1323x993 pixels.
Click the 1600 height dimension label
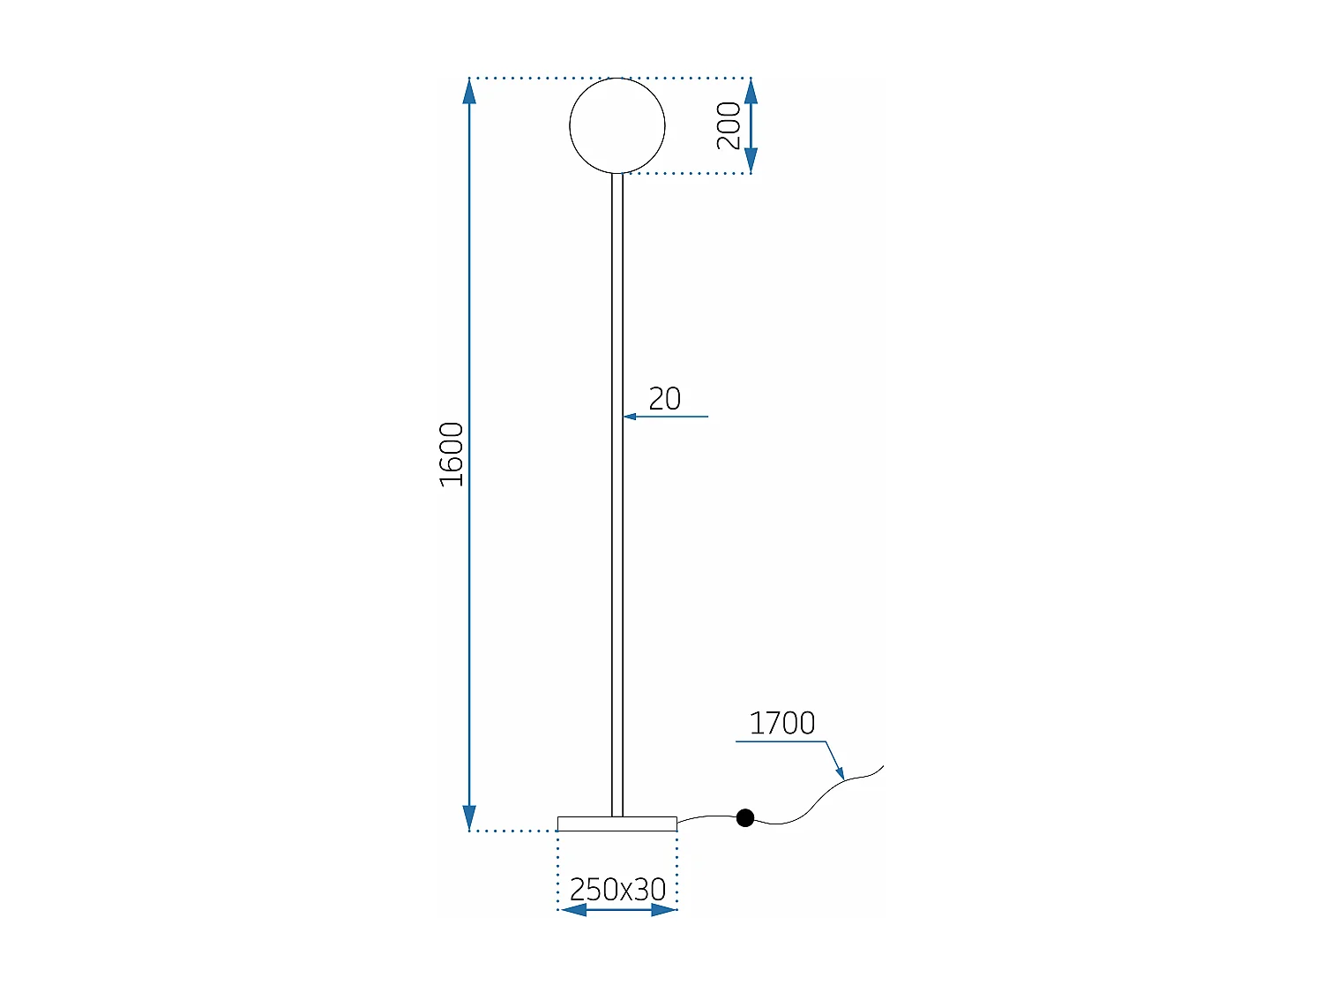[452, 454]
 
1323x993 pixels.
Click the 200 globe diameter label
[729, 125]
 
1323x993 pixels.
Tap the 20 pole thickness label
[664, 399]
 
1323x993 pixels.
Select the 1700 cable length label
[781, 723]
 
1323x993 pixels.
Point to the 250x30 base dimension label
[617, 889]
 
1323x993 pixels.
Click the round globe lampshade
[617, 125]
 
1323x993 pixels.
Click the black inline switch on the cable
[745, 818]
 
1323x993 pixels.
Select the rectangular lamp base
[617, 824]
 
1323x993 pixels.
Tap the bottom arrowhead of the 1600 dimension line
[469, 817]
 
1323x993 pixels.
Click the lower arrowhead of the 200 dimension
[751, 161]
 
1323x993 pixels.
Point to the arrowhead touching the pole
[630, 417]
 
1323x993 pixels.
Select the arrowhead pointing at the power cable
[840, 773]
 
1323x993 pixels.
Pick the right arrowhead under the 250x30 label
[663, 910]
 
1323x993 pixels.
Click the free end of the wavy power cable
[881, 767]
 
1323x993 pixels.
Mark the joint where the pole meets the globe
[617, 174]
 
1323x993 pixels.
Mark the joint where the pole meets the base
[617, 816]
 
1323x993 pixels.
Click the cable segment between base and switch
[706, 818]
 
